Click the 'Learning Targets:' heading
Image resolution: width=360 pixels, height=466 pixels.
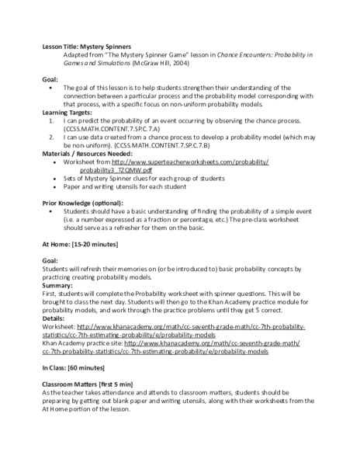pyautogui.click(x=66, y=112)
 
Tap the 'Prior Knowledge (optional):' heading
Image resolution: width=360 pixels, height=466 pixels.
pyautogui.click(x=84, y=203)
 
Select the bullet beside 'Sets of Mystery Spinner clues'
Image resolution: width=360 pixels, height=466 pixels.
pyautogui.click(x=50, y=178)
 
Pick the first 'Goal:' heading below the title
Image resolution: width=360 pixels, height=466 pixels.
pyautogui.click(x=50, y=79)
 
